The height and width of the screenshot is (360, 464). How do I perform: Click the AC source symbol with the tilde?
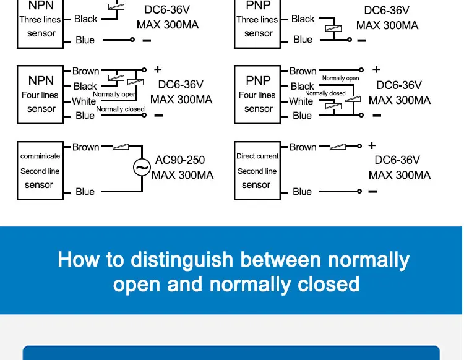(x=142, y=167)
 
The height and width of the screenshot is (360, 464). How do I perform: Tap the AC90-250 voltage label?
(x=180, y=160)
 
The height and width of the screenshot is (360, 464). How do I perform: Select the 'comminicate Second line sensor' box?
(x=40, y=171)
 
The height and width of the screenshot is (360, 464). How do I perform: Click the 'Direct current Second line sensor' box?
(x=257, y=171)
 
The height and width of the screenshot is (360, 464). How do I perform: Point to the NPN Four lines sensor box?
(x=41, y=94)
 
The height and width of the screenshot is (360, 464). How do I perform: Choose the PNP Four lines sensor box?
(x=258, y=94)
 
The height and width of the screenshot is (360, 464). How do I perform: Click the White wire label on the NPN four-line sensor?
(x=84, y=101)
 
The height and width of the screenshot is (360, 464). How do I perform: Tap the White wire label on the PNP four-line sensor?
(x=301, y=101)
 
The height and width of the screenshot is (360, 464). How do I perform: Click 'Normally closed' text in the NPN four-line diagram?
(x=120, y=109)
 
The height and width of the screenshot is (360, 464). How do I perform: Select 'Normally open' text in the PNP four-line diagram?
(x=340, y=79)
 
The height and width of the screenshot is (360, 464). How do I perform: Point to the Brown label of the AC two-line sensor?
(x=85, y=147)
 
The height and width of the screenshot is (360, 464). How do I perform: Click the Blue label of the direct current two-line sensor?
(x=302, y=192)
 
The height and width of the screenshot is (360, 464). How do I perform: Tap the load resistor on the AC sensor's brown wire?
(x=120, y=147)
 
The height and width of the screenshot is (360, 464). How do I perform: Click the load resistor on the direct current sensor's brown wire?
(x=338, y=147)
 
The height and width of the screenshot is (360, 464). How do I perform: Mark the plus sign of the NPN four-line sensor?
(x=158, y=70)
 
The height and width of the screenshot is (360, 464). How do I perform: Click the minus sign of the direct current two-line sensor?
(x=372, y=192)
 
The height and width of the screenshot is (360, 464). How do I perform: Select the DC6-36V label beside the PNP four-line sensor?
(x=399, y=85)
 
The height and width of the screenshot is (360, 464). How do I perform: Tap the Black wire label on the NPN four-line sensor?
(x=85, y=87)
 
